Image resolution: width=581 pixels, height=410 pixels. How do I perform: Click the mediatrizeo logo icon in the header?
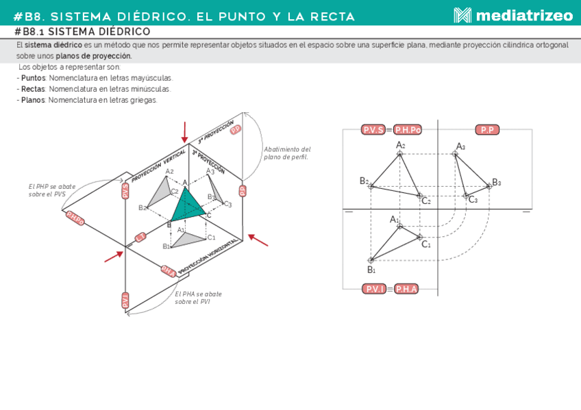pyautogui.click(x=462, y=15)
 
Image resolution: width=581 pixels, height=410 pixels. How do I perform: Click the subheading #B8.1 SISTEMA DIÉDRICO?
pyautogui.click(x=82, y=32)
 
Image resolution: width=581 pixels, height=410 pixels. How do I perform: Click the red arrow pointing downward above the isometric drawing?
pyautogui.click(x=184, y=131)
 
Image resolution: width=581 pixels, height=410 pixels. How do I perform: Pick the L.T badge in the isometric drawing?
pyautogui.click(x=140, y=237)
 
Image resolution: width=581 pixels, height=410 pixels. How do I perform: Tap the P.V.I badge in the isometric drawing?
pyautogui.click(x=125, y=300)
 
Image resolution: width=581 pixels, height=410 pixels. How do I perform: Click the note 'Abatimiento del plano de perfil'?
pyautogui.click(x=287, y=153)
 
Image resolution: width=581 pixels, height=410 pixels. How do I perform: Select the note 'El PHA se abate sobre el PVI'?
pyautogui.click(x=198, y=298)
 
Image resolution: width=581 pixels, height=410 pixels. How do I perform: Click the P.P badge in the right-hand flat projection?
pyautogui.click(x=487, y=129)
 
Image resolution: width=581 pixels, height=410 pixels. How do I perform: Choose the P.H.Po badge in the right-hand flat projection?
pyautogui.click(x=407, y=129)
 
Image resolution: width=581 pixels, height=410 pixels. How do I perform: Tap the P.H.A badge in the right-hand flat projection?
pyautogui.click(x=406, y=289)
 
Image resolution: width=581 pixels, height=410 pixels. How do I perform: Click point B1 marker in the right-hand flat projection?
pyautogui.click(x=371, y=260)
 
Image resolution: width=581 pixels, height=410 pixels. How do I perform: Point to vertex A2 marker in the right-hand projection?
pyautogui.click(x=400, y=153)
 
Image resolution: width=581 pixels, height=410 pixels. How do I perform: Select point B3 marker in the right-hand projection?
pyautogui.click(x=489, y=185)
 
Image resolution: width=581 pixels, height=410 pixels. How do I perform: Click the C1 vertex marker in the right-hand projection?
pyautogui.click(x=419, y=237)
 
